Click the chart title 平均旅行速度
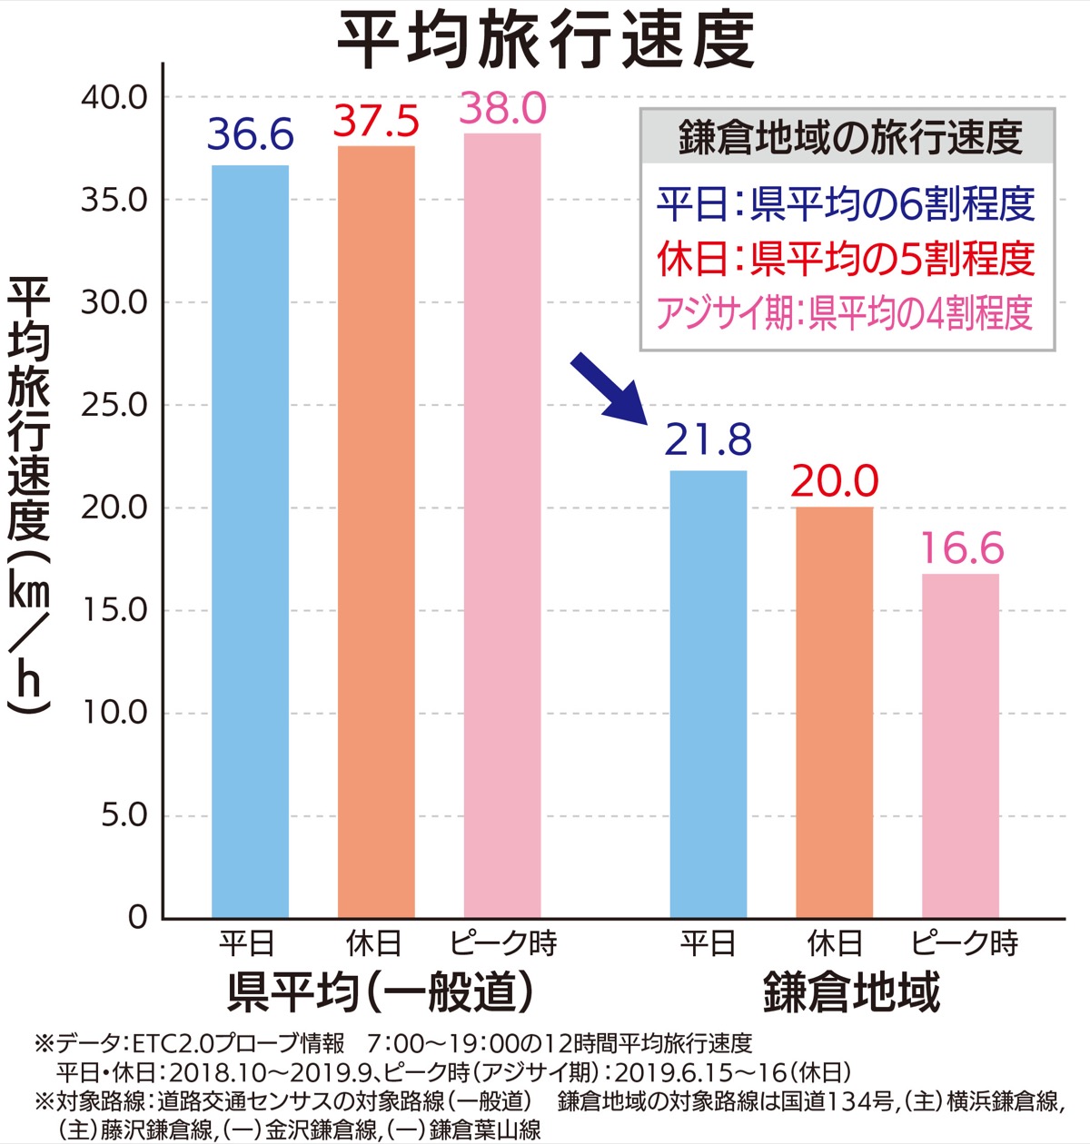pyautogui.click(x=546, y=41)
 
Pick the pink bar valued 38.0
pyautogui.click(x=502, y=526)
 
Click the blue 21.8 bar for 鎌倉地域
pyautogui.click(x=708, y=694)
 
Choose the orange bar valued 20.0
pyautogui.click(x=834, y=712)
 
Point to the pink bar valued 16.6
pyautogui.click(x=960, y=745)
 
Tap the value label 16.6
pyautogui.click(x=962, y=548)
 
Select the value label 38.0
pyautogui.click(x=503, y=109)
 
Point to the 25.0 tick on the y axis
pyautogui.click(x=114, y=405)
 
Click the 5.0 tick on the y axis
pyautogui.click(x=124, y=815)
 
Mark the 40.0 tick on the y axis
pyautogui.click(x=114, y=97)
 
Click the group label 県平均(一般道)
pyautogui.click(x=379, y=991)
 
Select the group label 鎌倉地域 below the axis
pyautogui.click(x=851, y=991)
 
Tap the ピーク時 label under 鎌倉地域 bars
pyautogui.click(x=964, y=944)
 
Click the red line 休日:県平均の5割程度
pyautogui.click(x=846, y=259)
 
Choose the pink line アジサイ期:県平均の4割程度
pyautogui.click(x=845, y=313)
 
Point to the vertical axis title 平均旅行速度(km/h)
pyautogui.click(x=29, y=495)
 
